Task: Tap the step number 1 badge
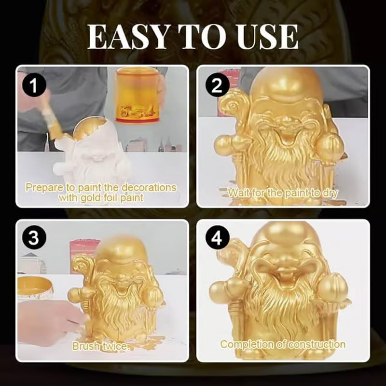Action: (34, 87)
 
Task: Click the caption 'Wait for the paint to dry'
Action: (283, 193)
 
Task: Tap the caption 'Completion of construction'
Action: (283, 345)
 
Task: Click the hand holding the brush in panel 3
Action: (43, 321)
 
